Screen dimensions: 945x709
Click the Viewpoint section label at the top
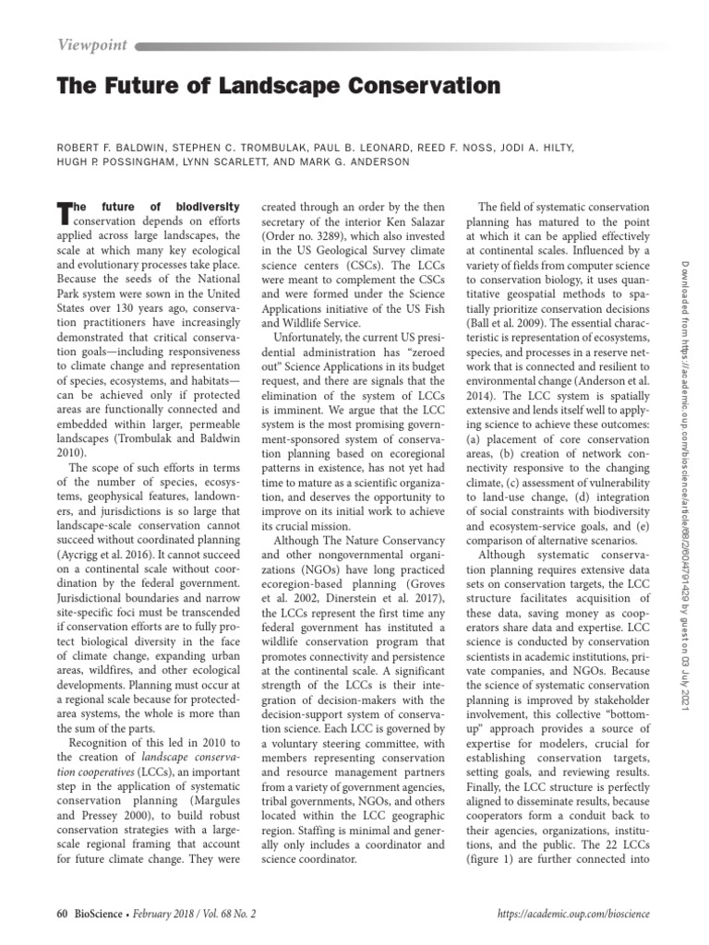(x=92, y=43)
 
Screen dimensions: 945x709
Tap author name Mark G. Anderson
(x=352, y=161)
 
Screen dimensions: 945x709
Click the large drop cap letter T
(x=65, y=212)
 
